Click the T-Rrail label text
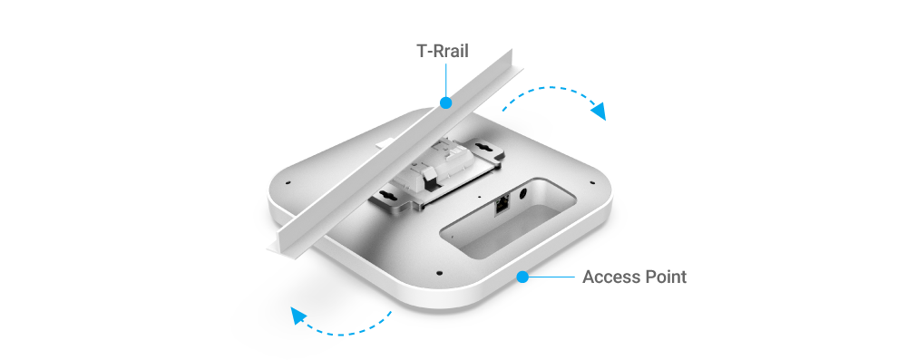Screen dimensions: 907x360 (x=443, y=51)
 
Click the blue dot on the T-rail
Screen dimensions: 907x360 (x=445, y=103)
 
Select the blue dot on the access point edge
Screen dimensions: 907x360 (x=522, y=277)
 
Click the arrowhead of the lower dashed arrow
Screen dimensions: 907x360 (x=298, y=315)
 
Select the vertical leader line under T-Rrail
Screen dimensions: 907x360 (x=445, y=80)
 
